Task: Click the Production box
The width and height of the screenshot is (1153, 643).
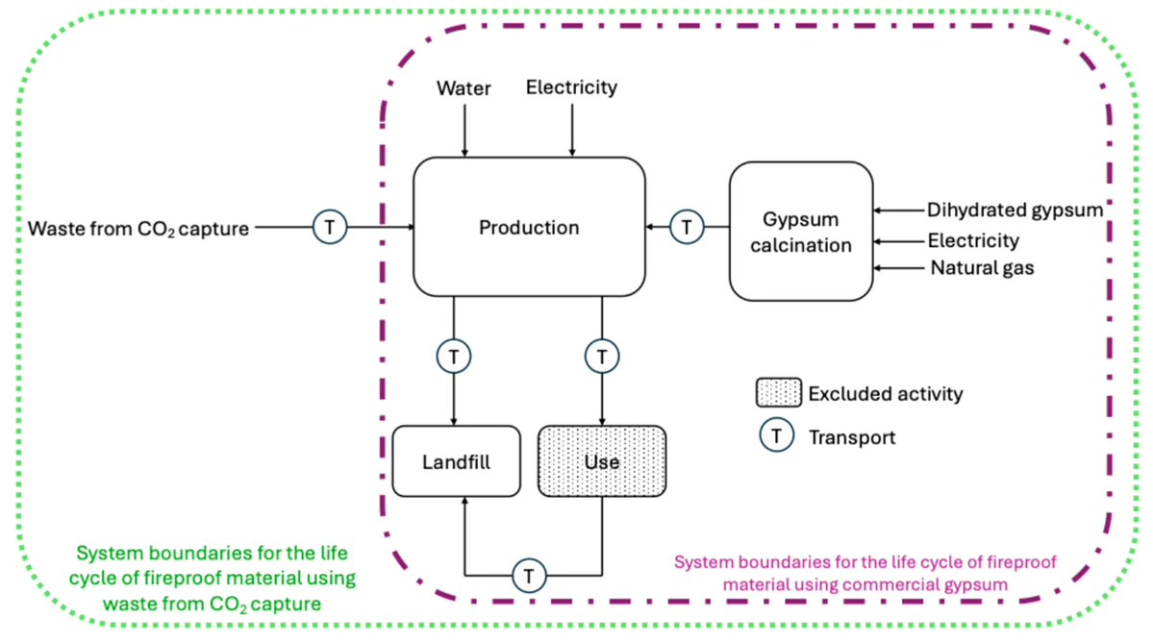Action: click(x=529, y=228)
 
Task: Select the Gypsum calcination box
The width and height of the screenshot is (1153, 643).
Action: click(x=802, y=232)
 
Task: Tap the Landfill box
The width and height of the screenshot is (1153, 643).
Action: click(x=456, y=461)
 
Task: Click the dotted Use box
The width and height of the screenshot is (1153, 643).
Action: click(x=601, y=461)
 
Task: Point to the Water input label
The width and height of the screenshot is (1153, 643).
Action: click(x=464, y=88)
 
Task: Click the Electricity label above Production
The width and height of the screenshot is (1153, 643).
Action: click(x=571, y=87)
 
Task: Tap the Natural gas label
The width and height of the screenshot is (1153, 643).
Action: click(x=982, y=268)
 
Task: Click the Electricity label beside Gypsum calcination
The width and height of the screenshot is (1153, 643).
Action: click(x=973, y=239)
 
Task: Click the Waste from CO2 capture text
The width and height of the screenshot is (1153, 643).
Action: click(x=139, y=229)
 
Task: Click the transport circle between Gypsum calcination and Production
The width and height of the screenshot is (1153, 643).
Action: click(x=687, y=228)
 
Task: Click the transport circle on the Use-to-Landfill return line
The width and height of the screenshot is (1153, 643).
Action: click(x=528, y=576)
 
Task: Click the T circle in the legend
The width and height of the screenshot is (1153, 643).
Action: click(x=777, y=436)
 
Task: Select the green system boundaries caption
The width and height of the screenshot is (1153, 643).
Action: click(x=213, y=578)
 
